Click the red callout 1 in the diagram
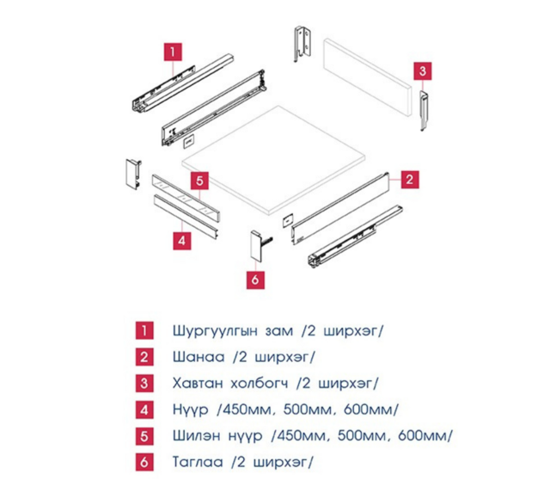coord(173,52)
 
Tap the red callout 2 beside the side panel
coord(410,179)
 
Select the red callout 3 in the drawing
coord(422,71)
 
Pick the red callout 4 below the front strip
coord(182,241)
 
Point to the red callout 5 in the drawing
coord(199,181)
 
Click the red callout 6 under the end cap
coord(255,280)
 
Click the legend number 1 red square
coord(144,331)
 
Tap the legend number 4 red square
coord(144,410)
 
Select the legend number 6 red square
coord(144,463)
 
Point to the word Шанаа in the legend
coord(199,357)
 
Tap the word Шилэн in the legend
coord(197,436)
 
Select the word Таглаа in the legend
coord(198,462)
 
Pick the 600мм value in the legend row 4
coord(370,409)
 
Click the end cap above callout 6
coord(257,246)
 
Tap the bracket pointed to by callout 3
coord(425,111)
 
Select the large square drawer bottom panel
coord(273,160)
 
